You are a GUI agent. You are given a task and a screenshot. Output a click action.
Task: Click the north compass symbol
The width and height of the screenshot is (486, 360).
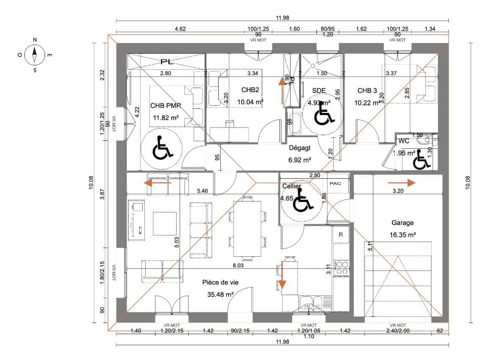pos(34,52)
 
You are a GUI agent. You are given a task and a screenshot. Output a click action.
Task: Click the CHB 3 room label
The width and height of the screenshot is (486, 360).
pos(367,91)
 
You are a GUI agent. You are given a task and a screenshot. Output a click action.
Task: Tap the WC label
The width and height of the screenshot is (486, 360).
pos(403,140)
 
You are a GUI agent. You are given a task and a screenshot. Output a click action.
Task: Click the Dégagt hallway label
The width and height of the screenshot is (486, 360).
pos(300,149)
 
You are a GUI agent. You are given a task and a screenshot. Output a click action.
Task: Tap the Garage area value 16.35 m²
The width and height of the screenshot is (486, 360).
pos(403,235)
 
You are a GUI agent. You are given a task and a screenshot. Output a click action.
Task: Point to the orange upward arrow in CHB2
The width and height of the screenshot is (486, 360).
pos(282,90)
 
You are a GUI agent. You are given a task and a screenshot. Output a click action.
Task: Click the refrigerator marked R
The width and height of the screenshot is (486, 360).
pos(341,235)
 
